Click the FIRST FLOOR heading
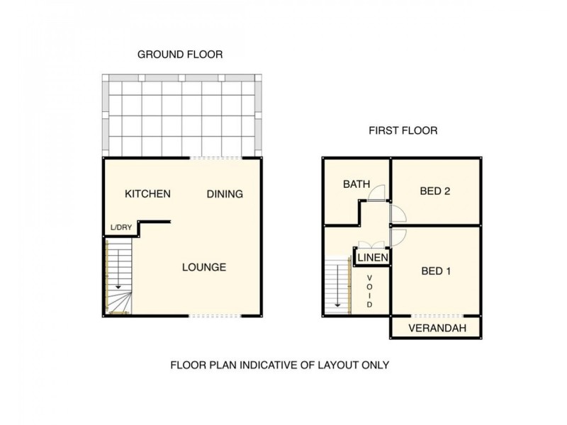(x=403, y=130)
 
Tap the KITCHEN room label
(x=147, y=193)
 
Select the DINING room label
(x=225, y=193)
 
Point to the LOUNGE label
(x=204, y=267)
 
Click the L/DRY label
(x=120, y=227)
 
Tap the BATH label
(x=357, y=184)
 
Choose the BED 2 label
(x=435, y=191)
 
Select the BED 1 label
(x=436, y=271)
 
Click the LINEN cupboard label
(x=373, y=257)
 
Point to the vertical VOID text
(x=369, y=290)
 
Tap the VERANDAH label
(x=437, y=328)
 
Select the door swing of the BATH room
(x=379, y=191)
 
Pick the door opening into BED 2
(x=397, y=212)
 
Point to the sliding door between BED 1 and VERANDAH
(x=437, y=315)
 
